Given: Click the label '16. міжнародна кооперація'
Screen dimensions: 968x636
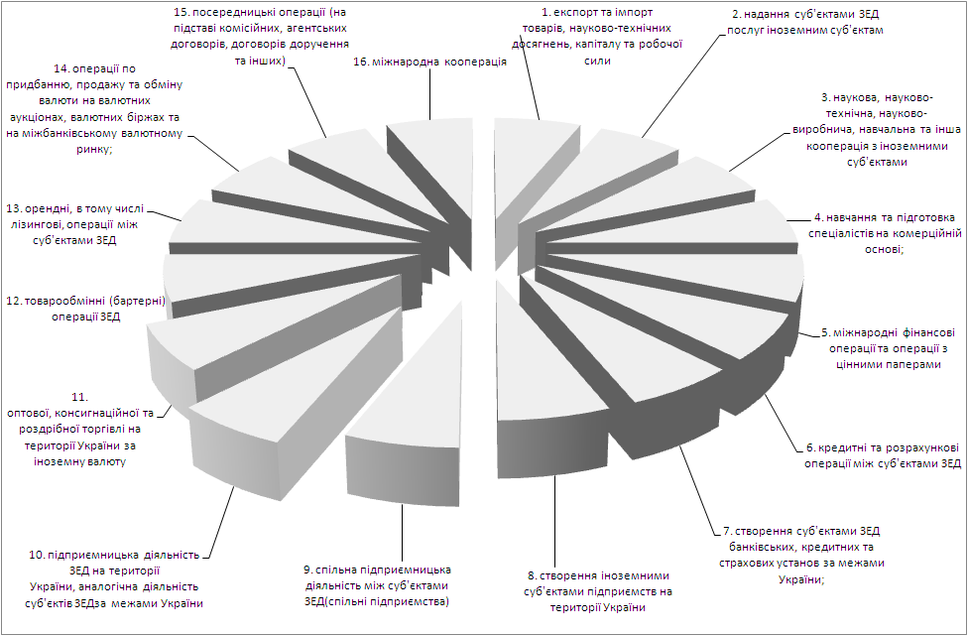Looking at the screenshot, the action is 430,62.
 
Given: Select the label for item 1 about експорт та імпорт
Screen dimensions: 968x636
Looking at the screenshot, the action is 597,36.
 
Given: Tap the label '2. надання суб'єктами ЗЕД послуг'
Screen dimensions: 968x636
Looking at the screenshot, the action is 805,22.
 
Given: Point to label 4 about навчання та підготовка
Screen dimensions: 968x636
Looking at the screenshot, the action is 885,233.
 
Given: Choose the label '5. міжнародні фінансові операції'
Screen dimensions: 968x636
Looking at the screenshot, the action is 886,348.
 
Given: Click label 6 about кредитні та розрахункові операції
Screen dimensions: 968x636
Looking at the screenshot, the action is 883,455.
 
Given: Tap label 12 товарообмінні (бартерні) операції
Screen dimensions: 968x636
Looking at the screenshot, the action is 86,309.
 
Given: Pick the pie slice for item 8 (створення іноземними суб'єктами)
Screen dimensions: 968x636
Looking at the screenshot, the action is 544,383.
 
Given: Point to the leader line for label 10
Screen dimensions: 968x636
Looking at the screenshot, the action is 221,521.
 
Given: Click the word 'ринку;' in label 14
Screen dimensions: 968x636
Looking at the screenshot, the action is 94,149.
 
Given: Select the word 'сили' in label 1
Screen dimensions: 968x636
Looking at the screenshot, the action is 597,61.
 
